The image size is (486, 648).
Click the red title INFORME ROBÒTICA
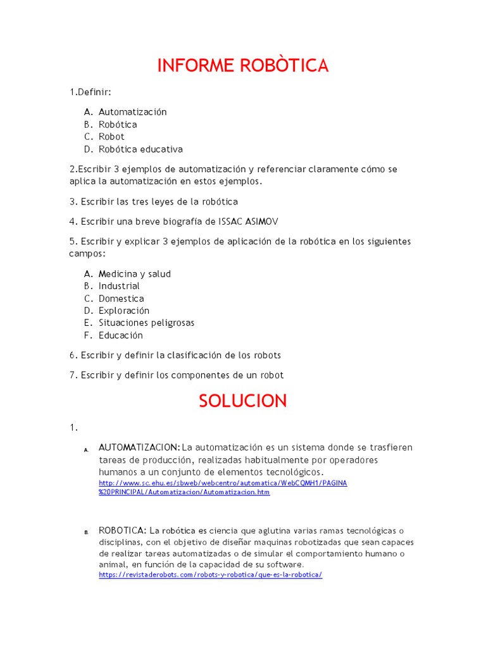[x=243, y=65]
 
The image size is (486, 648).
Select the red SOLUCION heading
[x=243, y=401]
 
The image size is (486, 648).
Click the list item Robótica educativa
[x=140, y=149]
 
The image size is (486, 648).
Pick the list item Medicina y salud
[x=134, y=274]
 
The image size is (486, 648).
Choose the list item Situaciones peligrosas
[x=146, y=323]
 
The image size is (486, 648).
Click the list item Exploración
[x=124, y=311]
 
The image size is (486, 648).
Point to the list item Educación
[x=121, y=335]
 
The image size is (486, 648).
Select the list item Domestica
[x=121, y=299]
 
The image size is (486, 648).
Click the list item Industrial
[x=119, y=286]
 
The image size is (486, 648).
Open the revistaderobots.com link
[x=211, y=575]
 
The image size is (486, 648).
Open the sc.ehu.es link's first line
[x=223, y=483]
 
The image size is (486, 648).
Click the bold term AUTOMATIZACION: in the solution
[x=139, y=447]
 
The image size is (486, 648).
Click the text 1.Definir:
[x=90, y=92]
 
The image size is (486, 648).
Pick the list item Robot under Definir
[x=111, y=137]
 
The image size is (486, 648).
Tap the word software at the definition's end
[x=285, y=564]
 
